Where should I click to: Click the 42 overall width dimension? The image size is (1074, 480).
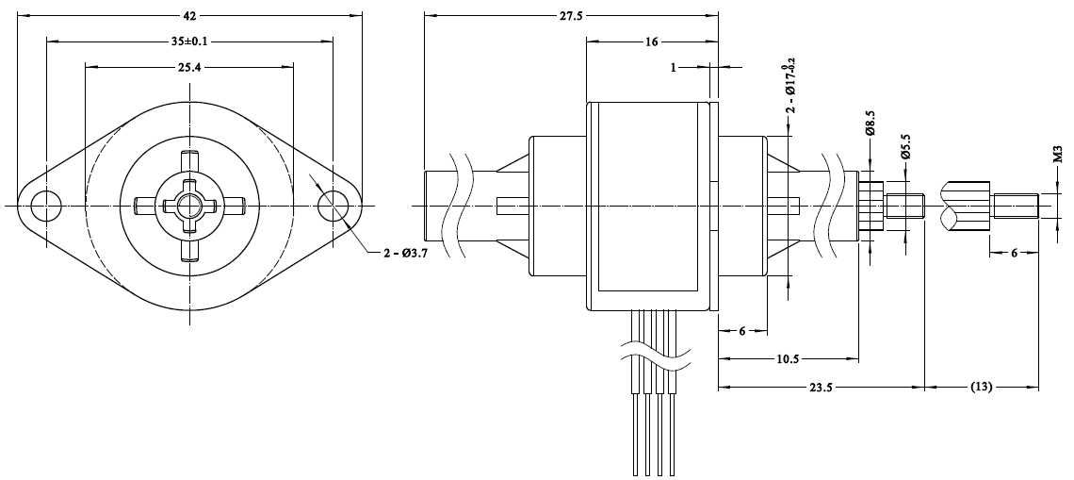coord(189,16)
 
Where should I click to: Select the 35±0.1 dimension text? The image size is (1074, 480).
coord(190,41)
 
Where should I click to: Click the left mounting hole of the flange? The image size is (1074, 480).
coord(44,205)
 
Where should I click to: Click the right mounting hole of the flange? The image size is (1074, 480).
coord(332,205)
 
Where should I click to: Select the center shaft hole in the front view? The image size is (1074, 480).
coord(188,205)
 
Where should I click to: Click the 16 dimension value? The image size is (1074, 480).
coord(652,41)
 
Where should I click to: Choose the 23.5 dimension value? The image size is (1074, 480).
coord(821,387)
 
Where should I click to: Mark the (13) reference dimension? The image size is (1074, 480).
coord(981,387)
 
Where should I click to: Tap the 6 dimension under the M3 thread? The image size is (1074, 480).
coord(1013,253)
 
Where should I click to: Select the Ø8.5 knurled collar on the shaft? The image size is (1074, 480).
coord(871,205)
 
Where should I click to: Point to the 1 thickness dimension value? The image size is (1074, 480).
coord(674,67)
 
